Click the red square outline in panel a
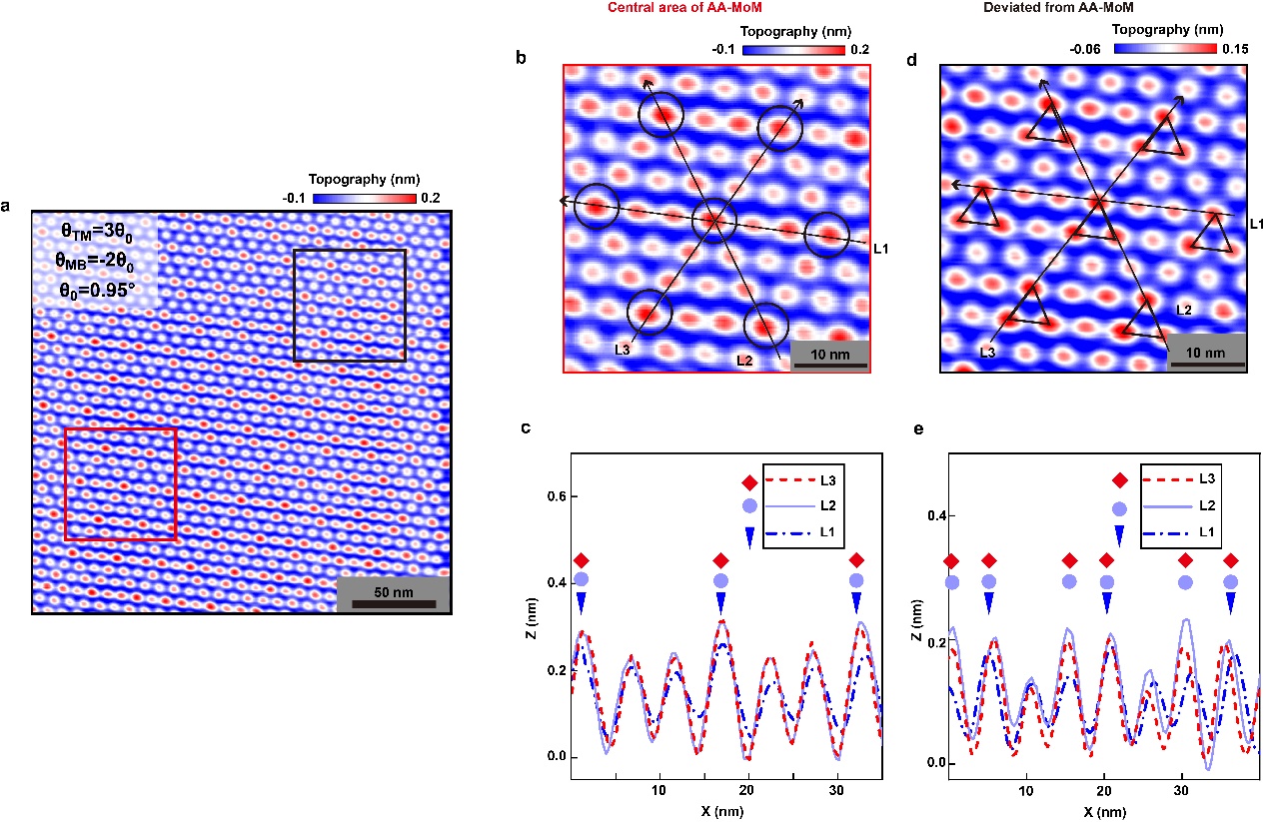(66, 484)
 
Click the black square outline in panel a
(294, 305)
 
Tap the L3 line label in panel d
(986, 353)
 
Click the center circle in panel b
(714, 220)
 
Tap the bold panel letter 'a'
(7, 207)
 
